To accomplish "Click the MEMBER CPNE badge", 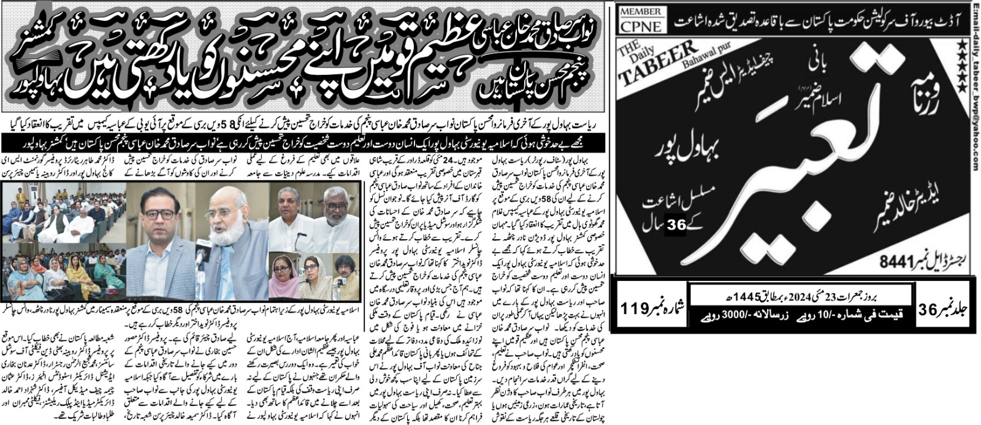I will [x=641, y=19].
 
